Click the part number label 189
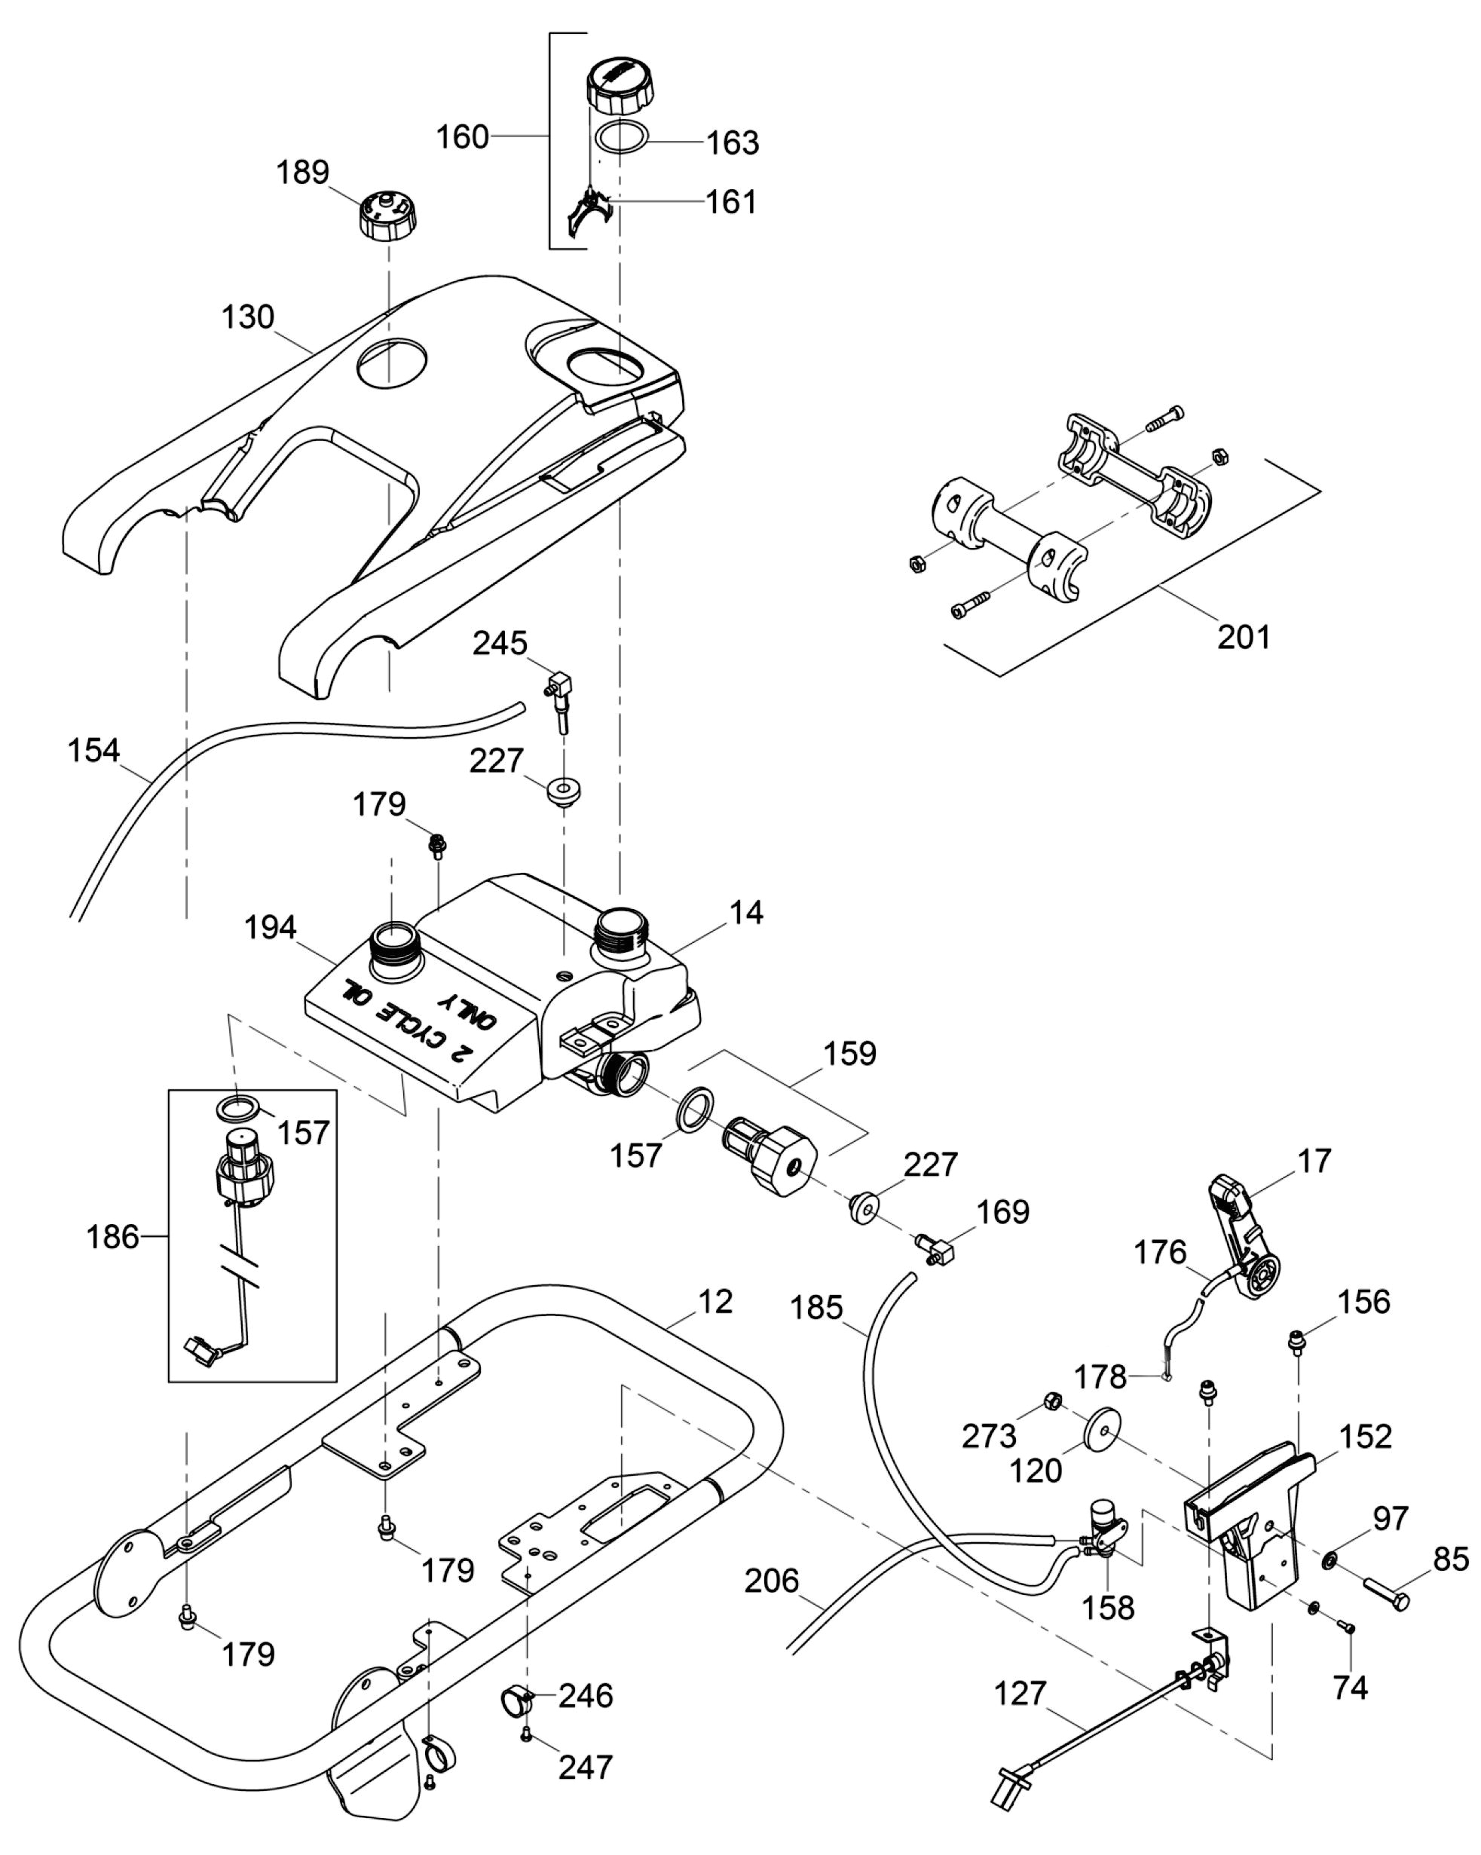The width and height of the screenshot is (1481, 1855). click(302, 172)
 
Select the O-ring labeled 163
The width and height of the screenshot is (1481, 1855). click(619, 138)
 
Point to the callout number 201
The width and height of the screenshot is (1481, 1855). click(1243, 637)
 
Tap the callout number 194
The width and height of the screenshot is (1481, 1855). click(271, 927)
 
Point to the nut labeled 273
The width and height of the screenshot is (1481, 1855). click(1049, 1400)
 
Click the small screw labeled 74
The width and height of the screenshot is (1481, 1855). click(1346, 1625)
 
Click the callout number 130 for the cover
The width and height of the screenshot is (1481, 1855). click(248, 317)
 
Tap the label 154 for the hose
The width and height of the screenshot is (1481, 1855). click(93, 750)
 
